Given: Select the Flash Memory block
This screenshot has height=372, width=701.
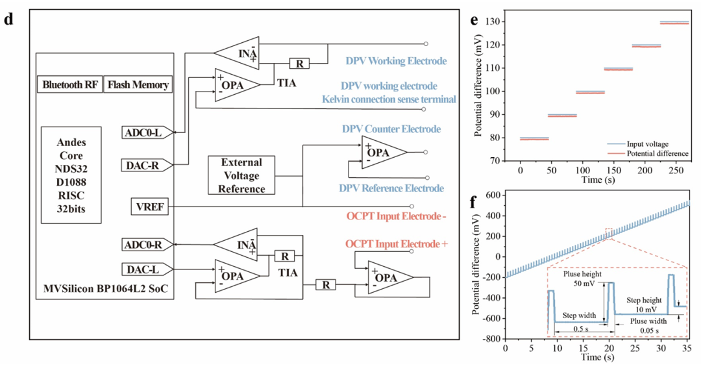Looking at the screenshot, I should pos(139,84).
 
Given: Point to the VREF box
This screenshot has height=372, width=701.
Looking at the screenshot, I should pos(149,206).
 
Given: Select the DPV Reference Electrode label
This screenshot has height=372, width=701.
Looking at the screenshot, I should pos(391,188).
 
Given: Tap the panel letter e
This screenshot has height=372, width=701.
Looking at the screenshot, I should pos(474,19).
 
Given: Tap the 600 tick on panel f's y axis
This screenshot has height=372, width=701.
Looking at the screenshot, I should pos(494,195).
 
